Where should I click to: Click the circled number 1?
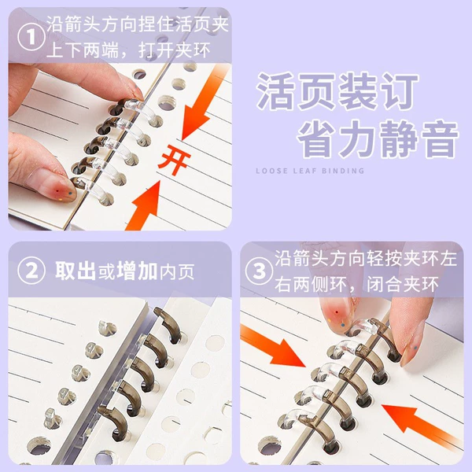point(31,37)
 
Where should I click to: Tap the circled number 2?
point(31,271)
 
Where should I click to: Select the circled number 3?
point(259,271)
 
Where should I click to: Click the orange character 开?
point(175,160)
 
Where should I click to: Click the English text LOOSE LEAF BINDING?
point(310,171)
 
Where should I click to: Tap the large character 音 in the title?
point(440,139)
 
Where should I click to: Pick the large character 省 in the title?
point(317,139)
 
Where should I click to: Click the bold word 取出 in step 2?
point(76,271)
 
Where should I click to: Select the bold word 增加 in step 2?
point(137,271)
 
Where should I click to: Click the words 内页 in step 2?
point(177,271)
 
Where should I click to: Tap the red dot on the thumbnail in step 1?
point(57,191)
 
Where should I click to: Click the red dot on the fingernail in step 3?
point(337,312)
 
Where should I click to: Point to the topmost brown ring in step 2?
point(168,322)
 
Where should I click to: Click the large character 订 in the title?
point(399,90)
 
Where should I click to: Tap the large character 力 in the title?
point(357,139)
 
